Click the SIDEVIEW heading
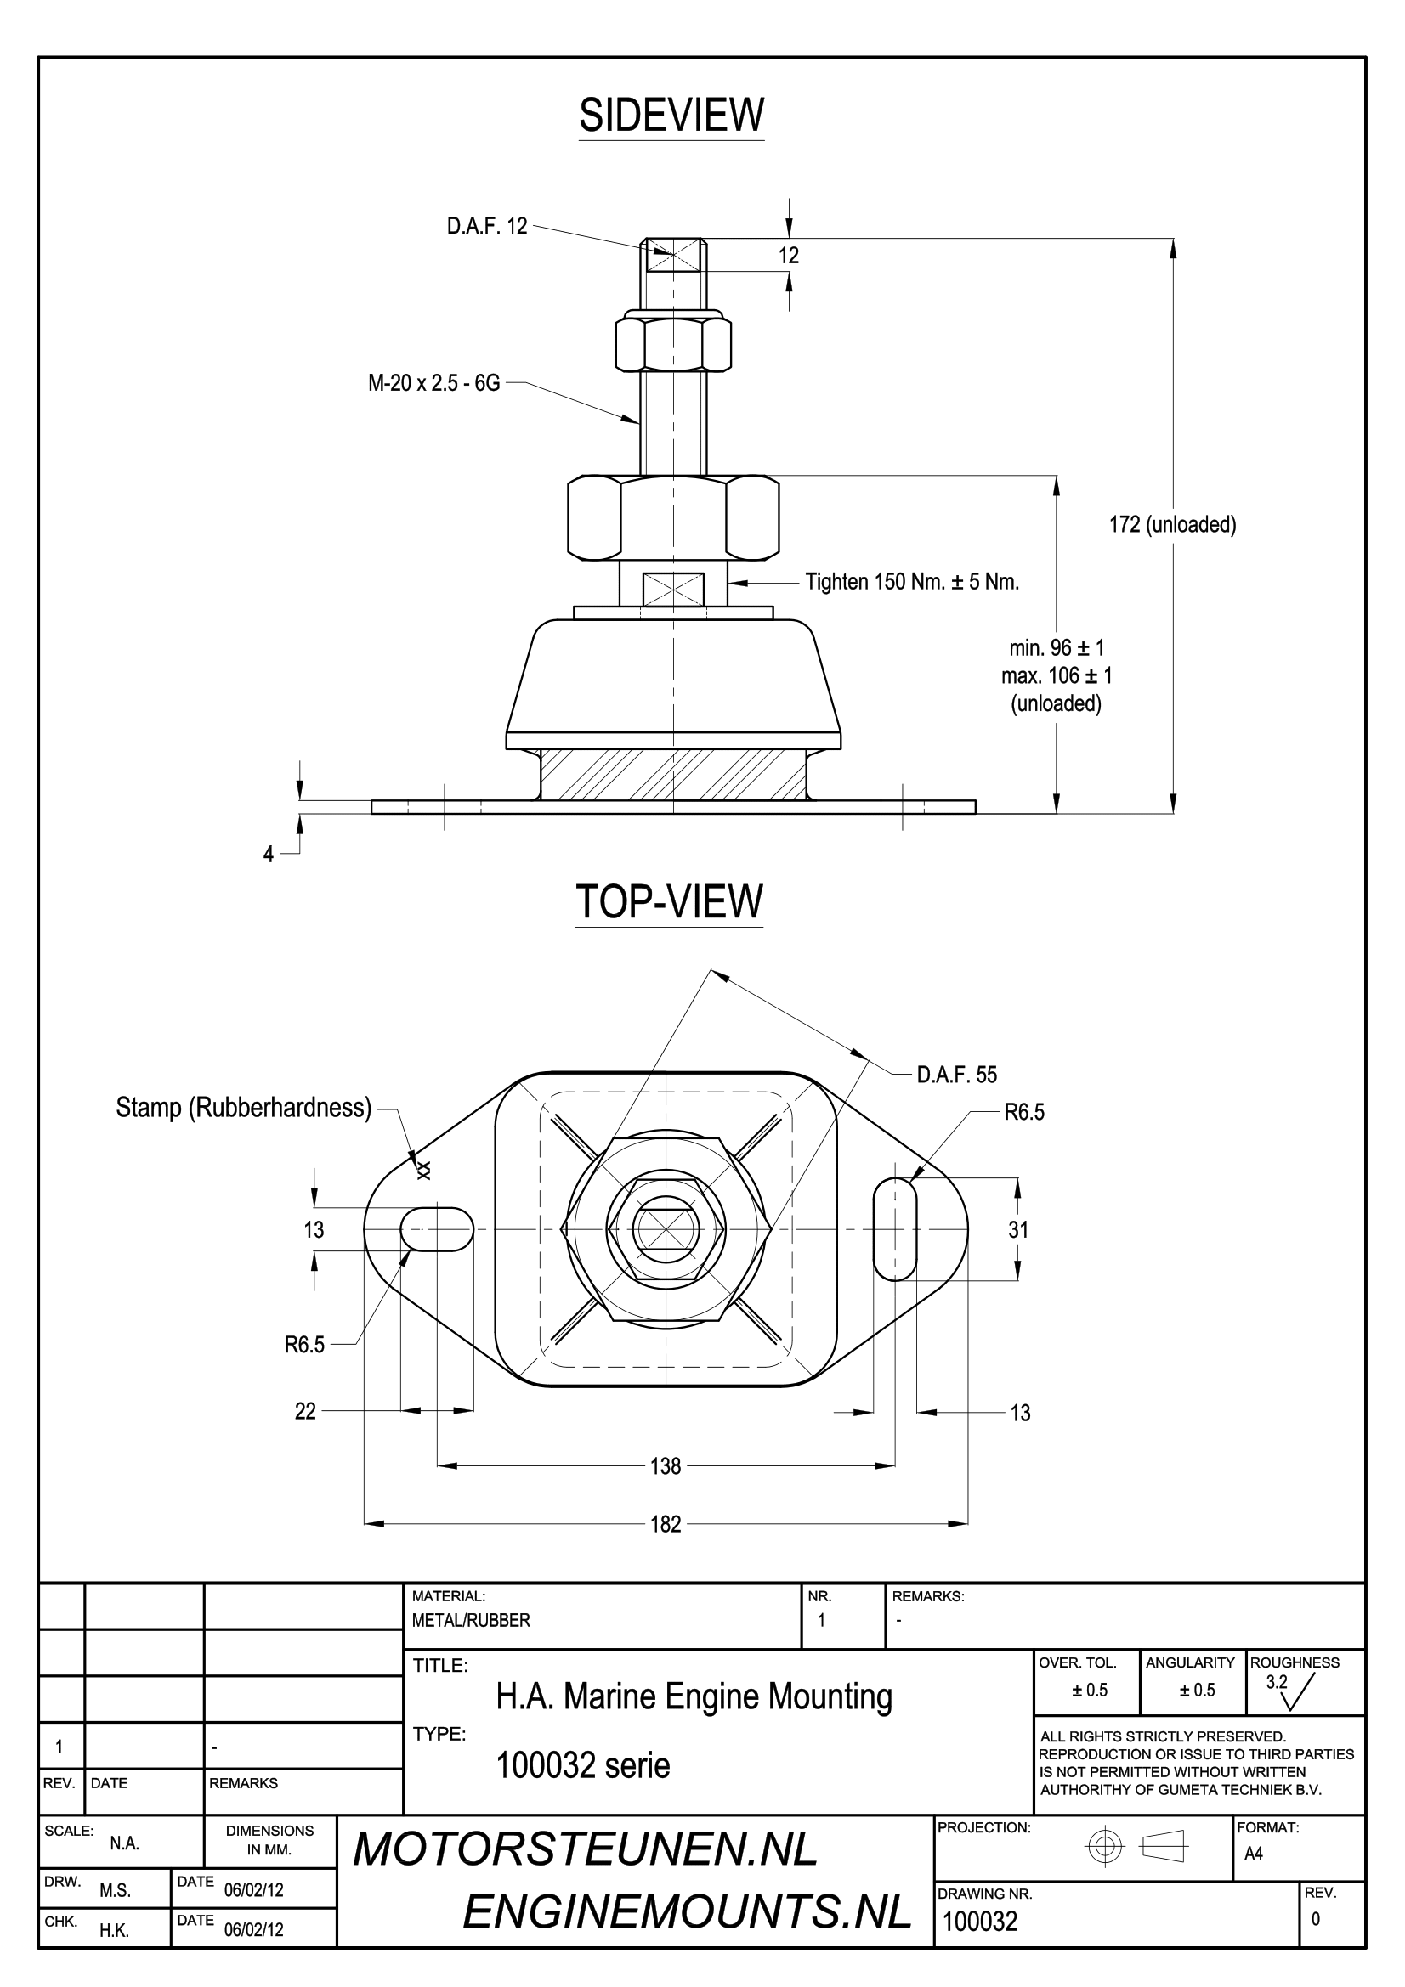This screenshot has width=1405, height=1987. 671,115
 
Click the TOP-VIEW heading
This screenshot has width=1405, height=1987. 669,902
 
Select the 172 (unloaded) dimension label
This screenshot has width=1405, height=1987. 1173,524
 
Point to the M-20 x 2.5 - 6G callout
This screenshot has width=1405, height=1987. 434,383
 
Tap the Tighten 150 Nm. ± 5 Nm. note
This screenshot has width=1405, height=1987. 912,582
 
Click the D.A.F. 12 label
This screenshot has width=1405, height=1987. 487,227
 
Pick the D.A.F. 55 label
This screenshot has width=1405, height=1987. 957,1075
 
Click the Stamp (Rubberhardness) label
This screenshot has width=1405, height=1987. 244,1108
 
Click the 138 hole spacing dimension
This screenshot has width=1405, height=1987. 666,1466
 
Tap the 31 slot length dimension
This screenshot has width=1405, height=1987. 1018,1230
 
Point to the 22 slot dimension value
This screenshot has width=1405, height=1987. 306,1412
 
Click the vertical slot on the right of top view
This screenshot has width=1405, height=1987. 894,1230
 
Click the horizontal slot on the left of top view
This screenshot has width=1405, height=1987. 437,1230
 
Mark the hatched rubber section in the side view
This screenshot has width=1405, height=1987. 673,774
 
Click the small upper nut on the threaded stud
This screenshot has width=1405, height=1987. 673,343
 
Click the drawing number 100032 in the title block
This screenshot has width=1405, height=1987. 980,1922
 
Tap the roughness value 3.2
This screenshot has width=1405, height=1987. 1277,1682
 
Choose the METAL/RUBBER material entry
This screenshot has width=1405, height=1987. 471,1621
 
